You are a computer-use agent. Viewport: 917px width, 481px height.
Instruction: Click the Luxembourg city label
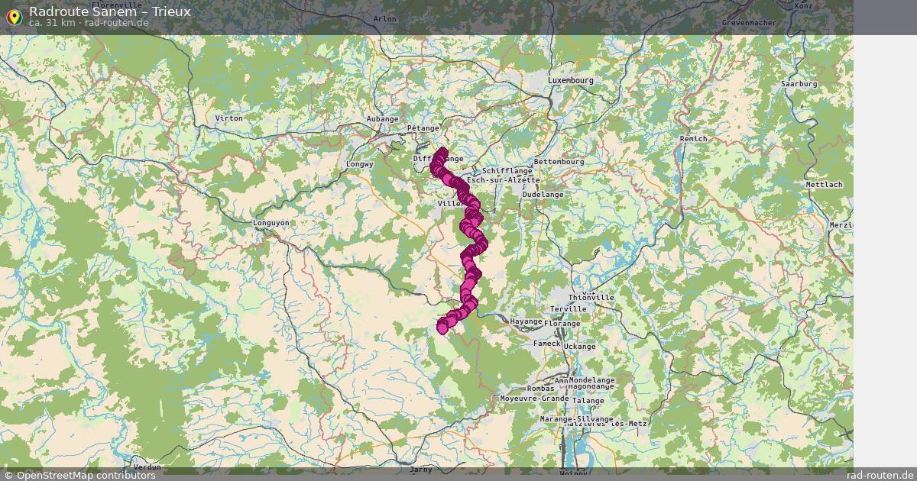570,80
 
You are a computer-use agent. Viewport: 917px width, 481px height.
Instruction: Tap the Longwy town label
360,164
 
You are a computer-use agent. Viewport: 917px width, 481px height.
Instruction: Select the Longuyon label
271,223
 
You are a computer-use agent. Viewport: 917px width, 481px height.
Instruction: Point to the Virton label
228,118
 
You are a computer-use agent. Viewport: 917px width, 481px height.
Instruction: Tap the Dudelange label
543,195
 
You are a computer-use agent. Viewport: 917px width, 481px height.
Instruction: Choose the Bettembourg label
559,162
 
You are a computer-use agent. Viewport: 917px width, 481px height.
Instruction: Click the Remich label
693,139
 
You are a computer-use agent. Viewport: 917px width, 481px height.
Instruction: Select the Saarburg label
799,84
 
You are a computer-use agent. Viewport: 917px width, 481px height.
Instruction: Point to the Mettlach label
824,185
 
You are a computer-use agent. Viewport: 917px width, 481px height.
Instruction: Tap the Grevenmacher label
749,23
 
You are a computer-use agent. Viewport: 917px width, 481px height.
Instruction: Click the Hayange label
526,321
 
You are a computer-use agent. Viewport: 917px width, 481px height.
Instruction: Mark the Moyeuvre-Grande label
534,399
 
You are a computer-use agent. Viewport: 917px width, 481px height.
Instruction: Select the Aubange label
383,119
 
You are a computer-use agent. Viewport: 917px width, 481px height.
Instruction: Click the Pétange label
423,128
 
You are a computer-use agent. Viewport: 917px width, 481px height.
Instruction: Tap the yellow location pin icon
14,17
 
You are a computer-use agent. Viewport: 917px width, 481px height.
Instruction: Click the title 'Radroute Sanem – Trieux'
110,11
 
